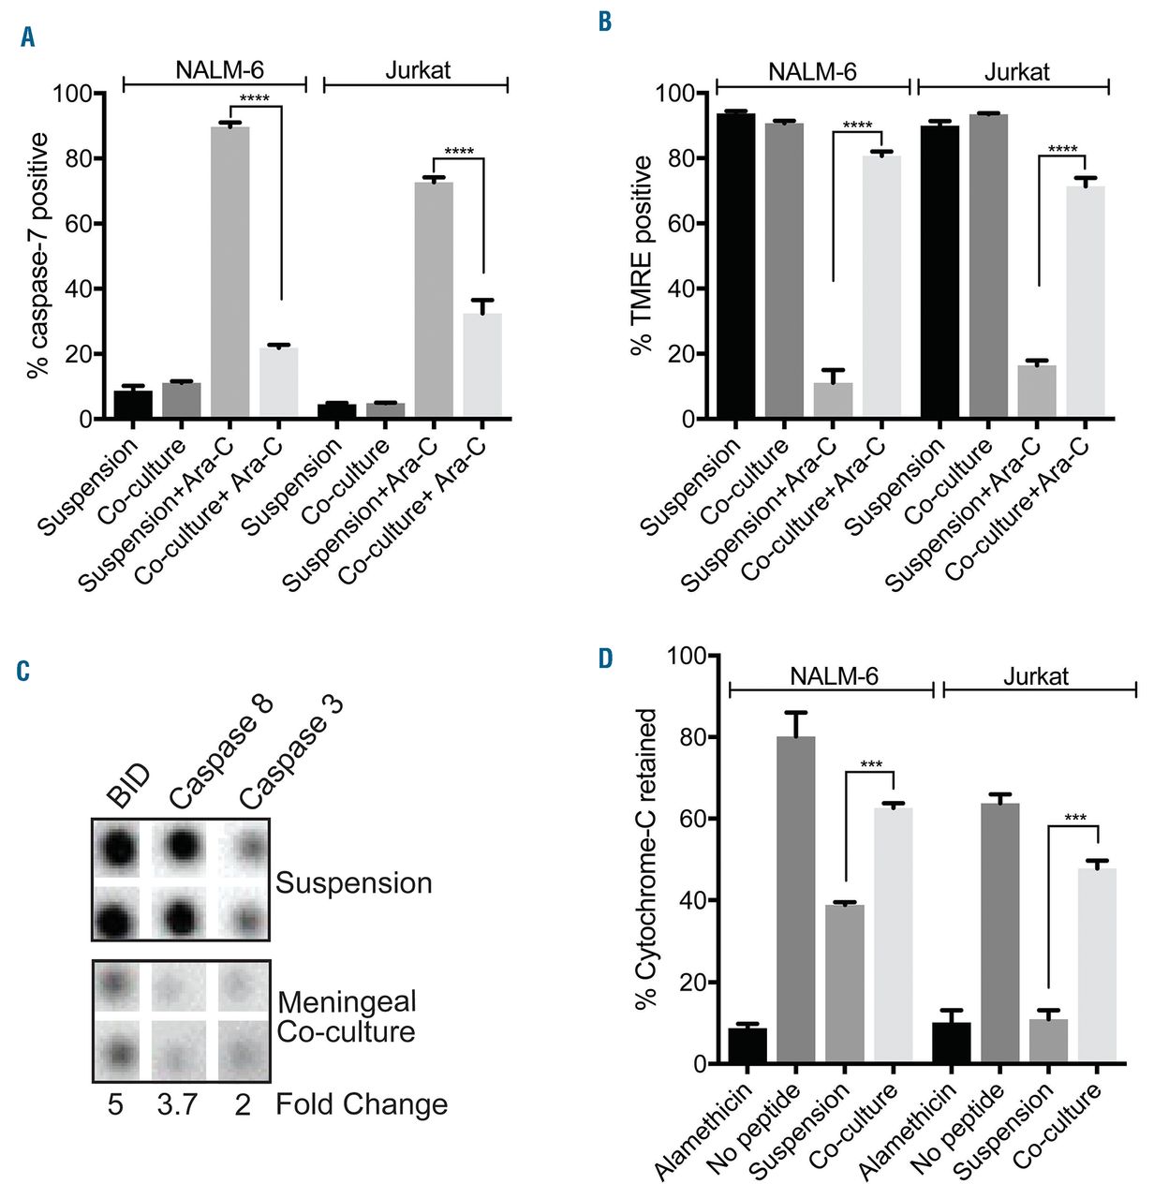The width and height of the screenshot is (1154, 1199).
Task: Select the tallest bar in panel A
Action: (230, 272)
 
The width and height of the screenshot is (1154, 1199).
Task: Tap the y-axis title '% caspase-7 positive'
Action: (38, 255)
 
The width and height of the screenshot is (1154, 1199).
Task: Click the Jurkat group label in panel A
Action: (418, 70)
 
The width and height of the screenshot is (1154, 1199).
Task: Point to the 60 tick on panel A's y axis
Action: (73, 224)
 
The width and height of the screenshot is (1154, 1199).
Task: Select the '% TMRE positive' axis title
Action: (642, 255)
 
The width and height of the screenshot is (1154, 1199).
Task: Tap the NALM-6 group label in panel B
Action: (812, 72)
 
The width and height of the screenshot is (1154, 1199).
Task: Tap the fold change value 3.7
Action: (177, 1105)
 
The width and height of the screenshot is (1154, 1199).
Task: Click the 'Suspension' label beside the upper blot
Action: (354, 883)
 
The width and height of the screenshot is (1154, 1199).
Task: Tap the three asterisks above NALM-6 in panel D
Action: (870, 764)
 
